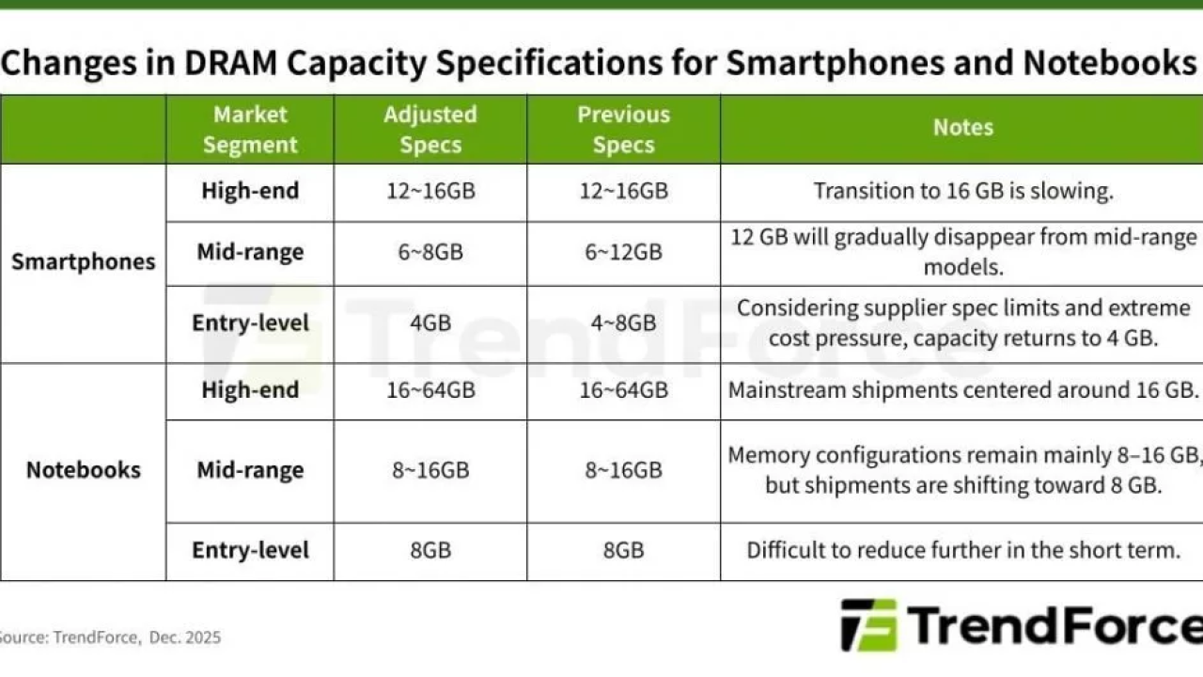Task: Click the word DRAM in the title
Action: (x=230, y=62)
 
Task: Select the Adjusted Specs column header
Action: (x=430, y=130)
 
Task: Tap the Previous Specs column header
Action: (x=623, y=130)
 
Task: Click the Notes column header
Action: (x=963, y=127)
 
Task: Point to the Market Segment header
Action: (x=250, y=130)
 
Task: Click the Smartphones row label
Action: (x=84, y=261)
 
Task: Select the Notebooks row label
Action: (x=84, y=470)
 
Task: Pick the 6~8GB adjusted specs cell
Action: (x=430, y=252)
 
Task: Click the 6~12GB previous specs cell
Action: (x=623, y=252)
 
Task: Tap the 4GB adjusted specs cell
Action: (x=430, y=323)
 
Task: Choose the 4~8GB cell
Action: (x=623, y=323)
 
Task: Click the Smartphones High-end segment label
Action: (x=250, y=191)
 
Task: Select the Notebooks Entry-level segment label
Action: (x=250, y=550)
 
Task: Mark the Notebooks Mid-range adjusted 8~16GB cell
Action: (x=430, y=470)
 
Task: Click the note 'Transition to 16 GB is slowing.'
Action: (x=963, y=191)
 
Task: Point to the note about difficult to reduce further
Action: (x=963, y=550)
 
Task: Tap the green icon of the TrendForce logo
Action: (x=869, y=625)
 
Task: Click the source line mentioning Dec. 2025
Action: (x=109, y=638)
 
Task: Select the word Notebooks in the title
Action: (x=1110, y=62)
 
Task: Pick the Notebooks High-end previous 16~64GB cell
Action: (x=623, y=390)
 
